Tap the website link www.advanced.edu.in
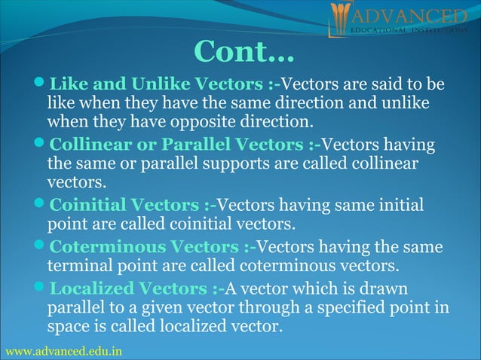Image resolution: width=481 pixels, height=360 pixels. [x=63, y=352]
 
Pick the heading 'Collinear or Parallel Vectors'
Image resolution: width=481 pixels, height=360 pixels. [x=177, y=144]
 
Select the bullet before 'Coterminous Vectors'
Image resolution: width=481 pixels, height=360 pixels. [x=41, y=247]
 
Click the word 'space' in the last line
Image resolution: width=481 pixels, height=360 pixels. [x=68, y=328]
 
